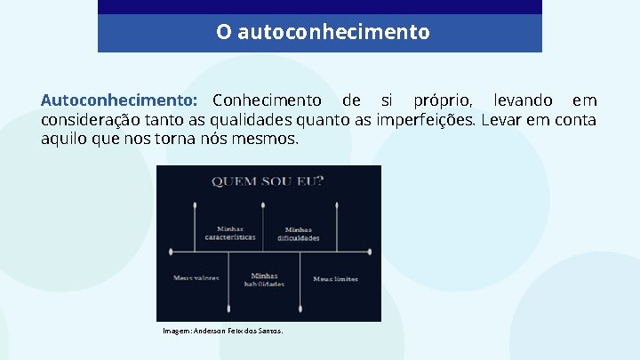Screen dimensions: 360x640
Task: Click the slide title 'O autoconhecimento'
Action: pyautogui.click(x=322, y=33)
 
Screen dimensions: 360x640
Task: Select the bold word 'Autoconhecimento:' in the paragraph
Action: pyautogui.click(x=119, y=100)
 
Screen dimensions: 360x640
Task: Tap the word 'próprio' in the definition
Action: pyautogui.click(x=443, y=100)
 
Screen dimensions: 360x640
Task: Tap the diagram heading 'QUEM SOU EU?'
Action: pyautogui.click(x=268, y=182)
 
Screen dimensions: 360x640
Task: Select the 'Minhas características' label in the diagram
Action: pyautogui.click(x=230, y=233)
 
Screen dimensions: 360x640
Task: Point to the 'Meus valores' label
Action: pyautogui.click(x=196, y=278)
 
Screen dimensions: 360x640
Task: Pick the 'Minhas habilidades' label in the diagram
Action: pyautogui.click(x=264, y=280)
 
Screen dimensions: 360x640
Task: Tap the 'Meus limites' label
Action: pyautogui.click(x=335, y=278)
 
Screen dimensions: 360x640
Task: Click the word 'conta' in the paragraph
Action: pyautogui.click(x=574, y=120)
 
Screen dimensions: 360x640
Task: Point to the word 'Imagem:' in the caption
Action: pyautogui.click(x=177, y=331)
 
